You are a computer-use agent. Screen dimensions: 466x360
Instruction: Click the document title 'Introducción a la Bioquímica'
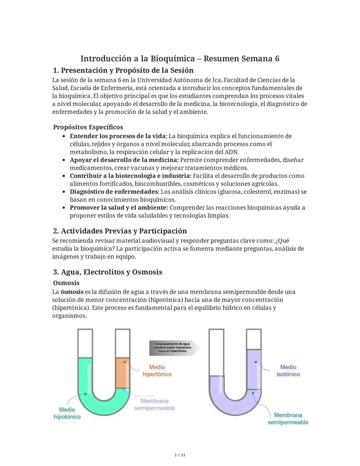pyautogui.click(x=137, y=59)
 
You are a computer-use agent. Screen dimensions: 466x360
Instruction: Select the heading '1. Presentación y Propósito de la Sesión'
pyautogui.click(x=123, y=70)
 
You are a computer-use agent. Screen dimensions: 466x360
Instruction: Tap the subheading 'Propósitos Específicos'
pyautogui.click(x=88, y=127)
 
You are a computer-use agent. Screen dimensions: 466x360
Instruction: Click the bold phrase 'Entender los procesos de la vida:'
pyautogui.click(x=118, y=136)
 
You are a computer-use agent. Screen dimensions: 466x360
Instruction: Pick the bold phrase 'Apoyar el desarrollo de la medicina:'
pyautogui.click(x=124, y=160)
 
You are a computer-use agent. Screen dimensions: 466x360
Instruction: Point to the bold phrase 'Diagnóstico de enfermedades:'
pyautogui.click(x=114, y=192)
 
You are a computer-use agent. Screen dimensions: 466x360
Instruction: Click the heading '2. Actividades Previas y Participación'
pyautogui.click(x=120, y=231)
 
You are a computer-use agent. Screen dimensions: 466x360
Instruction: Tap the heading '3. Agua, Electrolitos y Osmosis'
pyautogui.click(x=107, y=272)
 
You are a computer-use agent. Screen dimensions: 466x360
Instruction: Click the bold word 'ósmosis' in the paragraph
pyautogui.click(x=72, y=292)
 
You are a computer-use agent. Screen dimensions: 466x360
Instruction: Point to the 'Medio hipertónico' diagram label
pyautogui.click(x=157, y=371)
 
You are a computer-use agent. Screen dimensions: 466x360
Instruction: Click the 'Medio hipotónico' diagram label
pyautogui.click(x=67, y=413)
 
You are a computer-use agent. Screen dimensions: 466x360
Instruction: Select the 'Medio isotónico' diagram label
pyautogui.click(x=288, y=371)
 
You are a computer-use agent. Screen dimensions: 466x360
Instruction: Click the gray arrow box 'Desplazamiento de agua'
pyautogui.click(x=173, y=347)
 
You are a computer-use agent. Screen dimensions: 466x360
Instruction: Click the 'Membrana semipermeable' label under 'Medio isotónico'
pyautogui.click(x=288, y=419)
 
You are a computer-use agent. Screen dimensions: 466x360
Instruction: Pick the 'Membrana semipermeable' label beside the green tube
pyautogui.click(x=154, y=404)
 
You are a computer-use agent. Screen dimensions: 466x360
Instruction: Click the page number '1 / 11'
pyautogui.click(x=180, y=455)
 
